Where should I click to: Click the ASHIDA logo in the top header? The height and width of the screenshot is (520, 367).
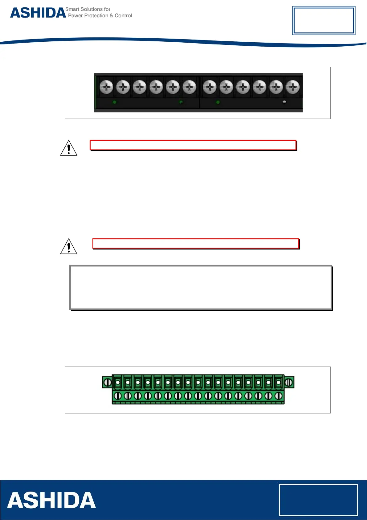[x=38, y=13]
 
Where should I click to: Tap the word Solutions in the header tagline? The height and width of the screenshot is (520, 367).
[x=92, y=9]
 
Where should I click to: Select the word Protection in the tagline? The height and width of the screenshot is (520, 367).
[x=96, y=16]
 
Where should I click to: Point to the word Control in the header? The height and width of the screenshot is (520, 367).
[x=123, y=16]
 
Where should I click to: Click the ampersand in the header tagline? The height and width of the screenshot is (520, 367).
[x=112, y=16]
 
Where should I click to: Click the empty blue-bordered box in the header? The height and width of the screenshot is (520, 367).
[x=324, y=20]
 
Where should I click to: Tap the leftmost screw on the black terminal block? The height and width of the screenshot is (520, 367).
[x=106, y=87]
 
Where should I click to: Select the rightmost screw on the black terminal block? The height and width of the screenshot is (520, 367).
[x=293, y=87]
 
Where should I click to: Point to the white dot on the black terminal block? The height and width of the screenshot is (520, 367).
[x=284, y=102]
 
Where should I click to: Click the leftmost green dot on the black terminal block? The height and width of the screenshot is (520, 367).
[x=115, y=102]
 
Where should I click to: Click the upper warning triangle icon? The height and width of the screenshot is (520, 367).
[x=69, y=148]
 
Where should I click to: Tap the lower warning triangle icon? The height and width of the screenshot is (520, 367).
[x=69, y=246]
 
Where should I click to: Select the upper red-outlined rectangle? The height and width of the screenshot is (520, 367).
[x=193, y=145]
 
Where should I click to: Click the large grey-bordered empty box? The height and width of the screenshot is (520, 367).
[x=201, y=287]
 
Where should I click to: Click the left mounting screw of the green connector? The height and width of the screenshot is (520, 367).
[x=107, y=382]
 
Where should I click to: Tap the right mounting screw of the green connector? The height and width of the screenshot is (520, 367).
[x=289, y=382]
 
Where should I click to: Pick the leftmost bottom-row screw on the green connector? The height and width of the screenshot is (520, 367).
[x=118, y=396]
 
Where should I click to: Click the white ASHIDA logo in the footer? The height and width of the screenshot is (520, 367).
[x=51, y=500]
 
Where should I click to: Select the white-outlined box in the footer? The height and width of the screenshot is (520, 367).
[x=318, y=500]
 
